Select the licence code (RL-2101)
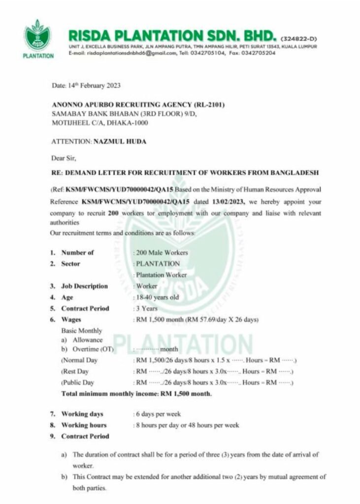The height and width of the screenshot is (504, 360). tap(209, 105)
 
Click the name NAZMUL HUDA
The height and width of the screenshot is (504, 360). tap(118, 141)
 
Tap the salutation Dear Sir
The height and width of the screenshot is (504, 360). tap(64, 158)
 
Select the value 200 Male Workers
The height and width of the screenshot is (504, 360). tap(162, 252)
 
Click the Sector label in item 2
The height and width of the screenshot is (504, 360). tap(70, 264)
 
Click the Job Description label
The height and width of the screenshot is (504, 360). tap(84, 286)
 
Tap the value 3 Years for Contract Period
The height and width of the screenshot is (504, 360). tap(147, 309)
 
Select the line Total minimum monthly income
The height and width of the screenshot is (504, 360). tap(136, 393)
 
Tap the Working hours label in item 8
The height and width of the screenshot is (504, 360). tap(83, 425)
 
